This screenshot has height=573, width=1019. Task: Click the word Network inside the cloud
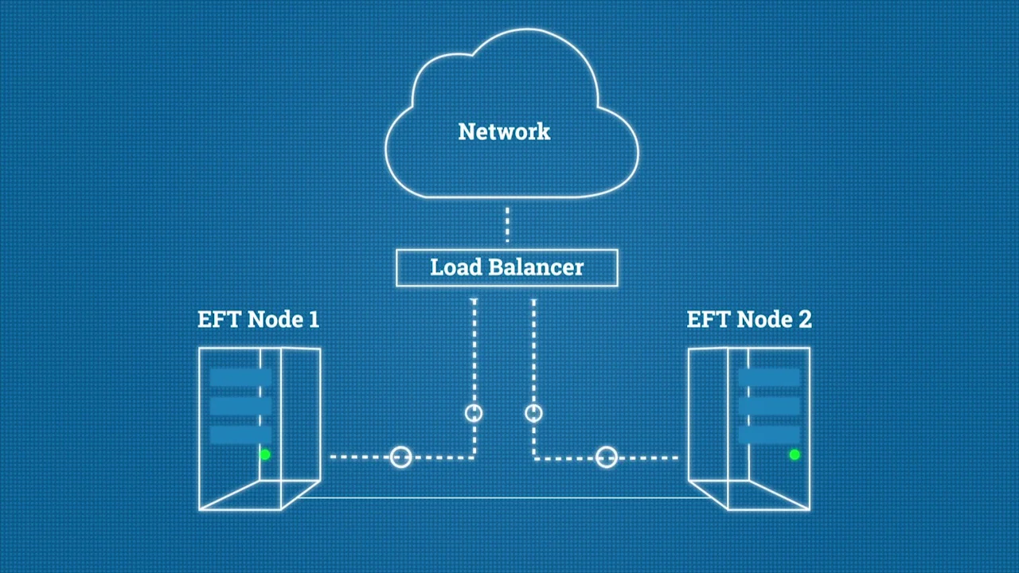(504, 131)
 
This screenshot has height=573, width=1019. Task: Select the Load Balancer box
(506, 267)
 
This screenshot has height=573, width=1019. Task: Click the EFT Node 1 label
(258, 320)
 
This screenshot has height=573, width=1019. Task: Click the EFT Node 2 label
(749, 320)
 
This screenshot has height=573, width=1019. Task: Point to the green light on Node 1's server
(265, 454)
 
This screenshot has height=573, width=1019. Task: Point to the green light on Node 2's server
(794, 454)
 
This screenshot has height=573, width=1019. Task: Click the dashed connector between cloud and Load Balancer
(507, 225)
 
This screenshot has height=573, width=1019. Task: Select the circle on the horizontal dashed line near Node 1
(401, 457)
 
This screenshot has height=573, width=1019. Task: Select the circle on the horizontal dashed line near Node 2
(607, 458)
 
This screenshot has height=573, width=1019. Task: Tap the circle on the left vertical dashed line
(474, 413)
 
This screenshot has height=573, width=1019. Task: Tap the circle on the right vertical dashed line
(533, 413)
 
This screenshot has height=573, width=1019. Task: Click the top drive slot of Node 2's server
(768, 378)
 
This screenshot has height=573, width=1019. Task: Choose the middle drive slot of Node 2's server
(768, 407)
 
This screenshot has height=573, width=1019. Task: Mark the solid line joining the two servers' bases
(504, 498)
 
